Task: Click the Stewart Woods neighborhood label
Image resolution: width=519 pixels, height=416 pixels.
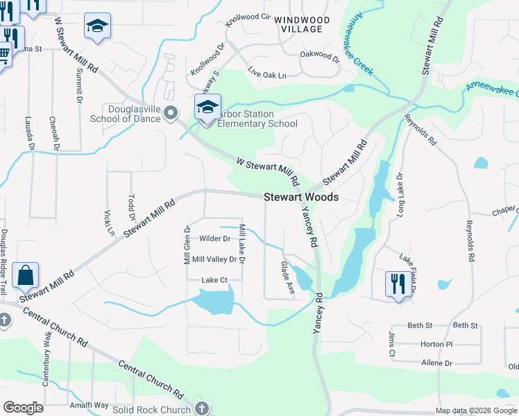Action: [x=301, y=198]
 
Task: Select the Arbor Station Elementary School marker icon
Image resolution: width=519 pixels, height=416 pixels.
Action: [x=207, y=108]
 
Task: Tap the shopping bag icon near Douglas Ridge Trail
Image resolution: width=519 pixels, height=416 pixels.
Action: [x=26, y=276]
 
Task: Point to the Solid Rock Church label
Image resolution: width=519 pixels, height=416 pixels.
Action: [x=152, y=410]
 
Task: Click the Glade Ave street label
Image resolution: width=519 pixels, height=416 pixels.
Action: [x=289, y=276]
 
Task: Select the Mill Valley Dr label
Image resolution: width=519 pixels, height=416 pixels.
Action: [x=214, y=259]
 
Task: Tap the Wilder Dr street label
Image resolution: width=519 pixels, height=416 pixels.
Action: [x=214, y=239]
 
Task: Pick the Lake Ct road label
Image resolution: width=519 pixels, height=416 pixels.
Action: [x=214, y=280]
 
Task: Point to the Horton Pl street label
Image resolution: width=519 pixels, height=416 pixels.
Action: [x=436, y=344]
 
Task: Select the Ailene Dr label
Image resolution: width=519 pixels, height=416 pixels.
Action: [x=436, y=363]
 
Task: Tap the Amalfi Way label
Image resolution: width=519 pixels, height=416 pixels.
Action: [x=88, y=405]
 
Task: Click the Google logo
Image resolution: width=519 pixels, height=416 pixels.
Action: [x=23, y=408]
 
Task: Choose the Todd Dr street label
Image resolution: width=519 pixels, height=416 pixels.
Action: [x=131, y=205]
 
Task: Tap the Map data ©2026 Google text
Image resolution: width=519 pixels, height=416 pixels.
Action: [x=475, y=410]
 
